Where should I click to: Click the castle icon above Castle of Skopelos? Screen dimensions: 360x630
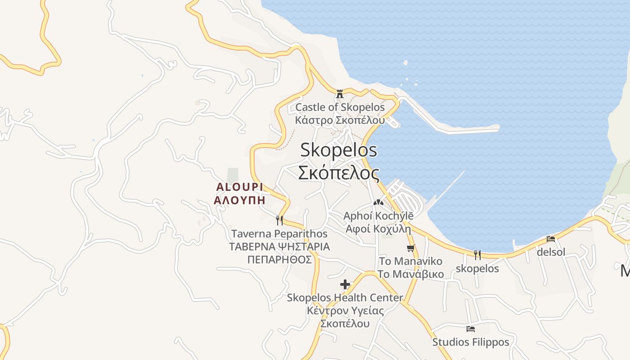click(x=340, y=94)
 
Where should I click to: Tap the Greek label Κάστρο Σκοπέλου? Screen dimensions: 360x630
click(x=340, y=120)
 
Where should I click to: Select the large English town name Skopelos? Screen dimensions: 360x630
click(x=338, y=150)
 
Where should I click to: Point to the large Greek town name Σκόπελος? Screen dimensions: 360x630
click(x=338, y=173)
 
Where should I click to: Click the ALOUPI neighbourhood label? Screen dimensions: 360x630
click(x=239, y=187)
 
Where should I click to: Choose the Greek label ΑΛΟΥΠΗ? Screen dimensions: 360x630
click(x=239, y=200)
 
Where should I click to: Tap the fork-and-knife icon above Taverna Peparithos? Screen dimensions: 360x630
click(x=279, y=220)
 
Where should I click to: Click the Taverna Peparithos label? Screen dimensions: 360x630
click(x=279, y=234)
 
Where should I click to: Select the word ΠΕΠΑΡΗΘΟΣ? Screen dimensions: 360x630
click(x=279, y=260)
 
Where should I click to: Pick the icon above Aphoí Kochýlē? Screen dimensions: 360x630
click(x=378, y=203)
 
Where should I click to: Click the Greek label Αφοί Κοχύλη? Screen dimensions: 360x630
click(x=378, y=229)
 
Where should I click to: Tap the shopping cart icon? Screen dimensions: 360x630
click(x=410, y=248)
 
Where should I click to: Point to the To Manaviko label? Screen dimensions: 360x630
click(x=410, y=261)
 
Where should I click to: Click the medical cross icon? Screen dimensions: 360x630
click(x=345, y=284)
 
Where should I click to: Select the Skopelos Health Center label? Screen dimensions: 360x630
click(x=345, y=297)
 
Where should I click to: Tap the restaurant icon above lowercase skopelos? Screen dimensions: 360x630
click(x=477, y=255)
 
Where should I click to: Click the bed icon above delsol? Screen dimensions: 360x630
click(x=551, y=239)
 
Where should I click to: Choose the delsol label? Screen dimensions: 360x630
click(x=551, y=252)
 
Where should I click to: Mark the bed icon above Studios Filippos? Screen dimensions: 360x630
click(x=471, y=329)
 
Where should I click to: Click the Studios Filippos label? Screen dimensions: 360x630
click(x=471, y=342)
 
